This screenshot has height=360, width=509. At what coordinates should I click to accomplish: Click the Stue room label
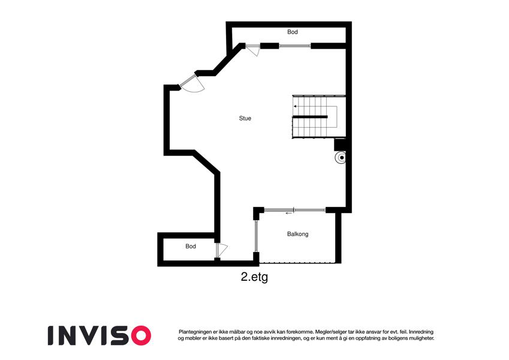[245, 118]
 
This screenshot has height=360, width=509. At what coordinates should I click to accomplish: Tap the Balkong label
[298, 234]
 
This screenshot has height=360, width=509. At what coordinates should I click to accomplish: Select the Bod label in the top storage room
[293, 32]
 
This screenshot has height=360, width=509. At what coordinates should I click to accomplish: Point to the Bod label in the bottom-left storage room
[191, 246]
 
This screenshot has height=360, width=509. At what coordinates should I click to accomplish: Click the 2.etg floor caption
[254, 277]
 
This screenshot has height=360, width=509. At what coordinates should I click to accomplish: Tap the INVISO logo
[100, 335]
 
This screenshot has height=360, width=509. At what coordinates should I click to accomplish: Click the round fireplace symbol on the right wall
[341, 158]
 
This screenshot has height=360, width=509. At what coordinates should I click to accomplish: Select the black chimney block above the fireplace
[340, 145]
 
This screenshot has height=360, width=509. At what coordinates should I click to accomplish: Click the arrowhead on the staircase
[295, 106]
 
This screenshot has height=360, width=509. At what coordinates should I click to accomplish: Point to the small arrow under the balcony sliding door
[288, 214]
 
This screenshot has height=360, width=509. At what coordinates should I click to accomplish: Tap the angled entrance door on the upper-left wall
[192, 83]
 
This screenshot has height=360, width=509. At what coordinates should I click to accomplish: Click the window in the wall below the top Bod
[295, 46]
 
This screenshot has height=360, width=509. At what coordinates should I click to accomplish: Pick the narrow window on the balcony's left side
[256, 236]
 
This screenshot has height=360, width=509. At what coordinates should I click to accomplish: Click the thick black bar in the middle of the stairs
[310, 116]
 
